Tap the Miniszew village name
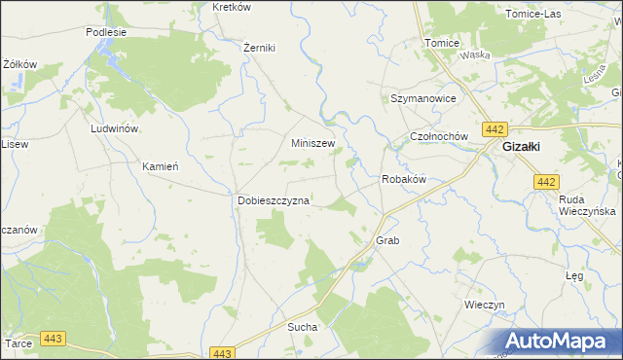point(313,143)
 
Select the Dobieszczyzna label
point(274,200)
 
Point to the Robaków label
point(404,180)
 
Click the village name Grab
point(387,239)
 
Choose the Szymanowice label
point(423,99)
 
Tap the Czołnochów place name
point(439,137)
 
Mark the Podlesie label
point(106,31)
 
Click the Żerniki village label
point(260,48)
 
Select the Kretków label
point(231,7)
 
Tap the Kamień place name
point(161,166)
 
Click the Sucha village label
point(302,328)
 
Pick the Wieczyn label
point(485,305)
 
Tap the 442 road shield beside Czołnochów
point(495,129)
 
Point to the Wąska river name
point(475,55)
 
